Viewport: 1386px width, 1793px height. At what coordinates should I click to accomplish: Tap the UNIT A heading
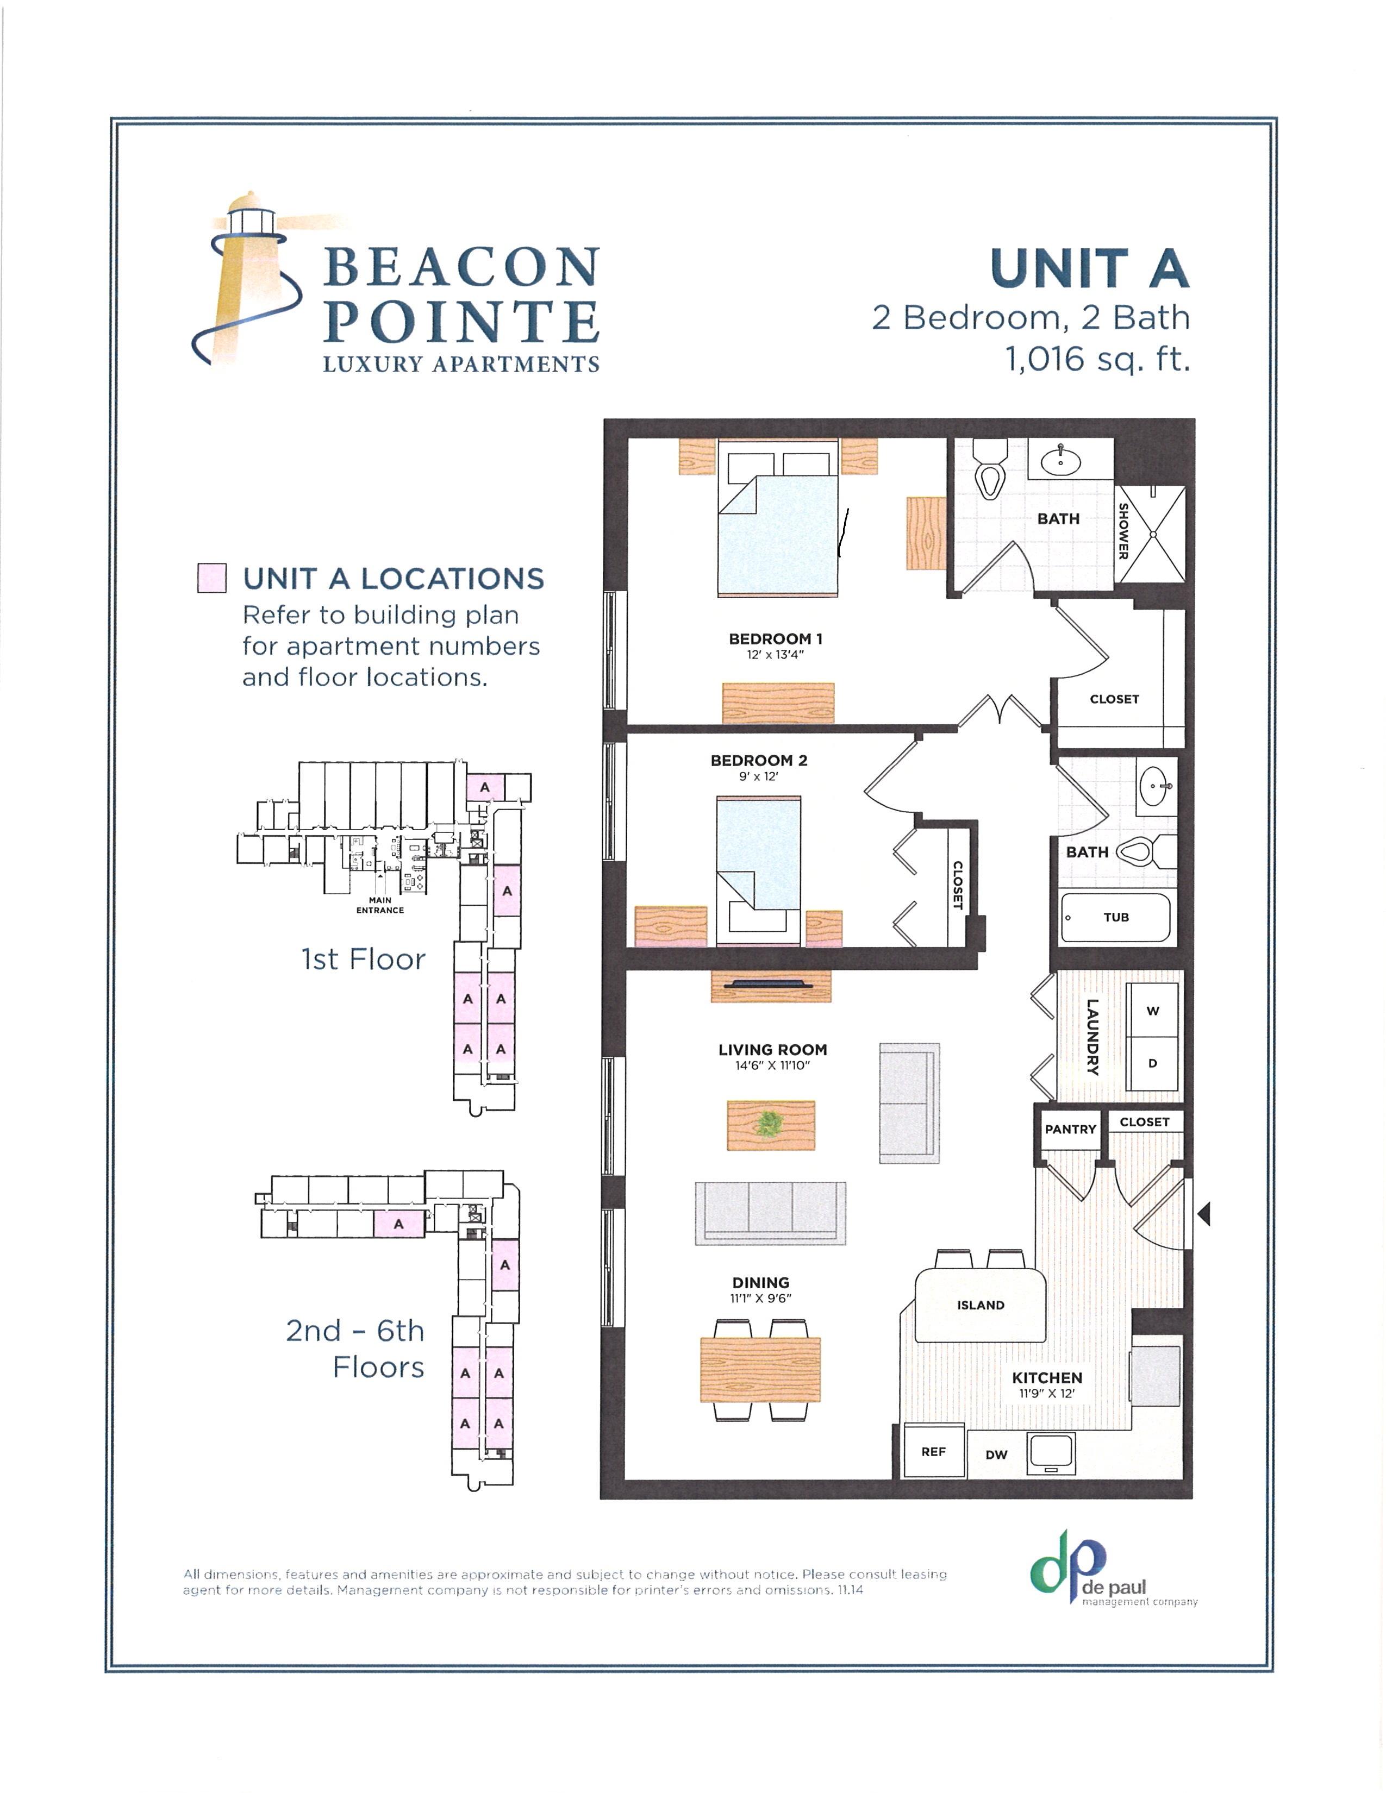point(1090,269)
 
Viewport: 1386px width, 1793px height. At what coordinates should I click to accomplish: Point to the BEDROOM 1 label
point(775,639)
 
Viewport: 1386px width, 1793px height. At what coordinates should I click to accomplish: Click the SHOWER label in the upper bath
point(1123,531)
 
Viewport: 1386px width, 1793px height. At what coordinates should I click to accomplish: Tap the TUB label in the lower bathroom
point(1116,917)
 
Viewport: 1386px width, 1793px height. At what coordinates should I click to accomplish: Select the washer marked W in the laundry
point(1152,1011)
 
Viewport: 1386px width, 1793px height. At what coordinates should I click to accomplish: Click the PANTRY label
point(1070,1129)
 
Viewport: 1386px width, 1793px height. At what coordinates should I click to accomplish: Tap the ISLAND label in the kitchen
point(981,1305)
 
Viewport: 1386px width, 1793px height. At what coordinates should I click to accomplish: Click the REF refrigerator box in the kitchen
point(934,1451)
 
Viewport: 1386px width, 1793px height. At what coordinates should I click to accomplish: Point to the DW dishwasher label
point(996,1454)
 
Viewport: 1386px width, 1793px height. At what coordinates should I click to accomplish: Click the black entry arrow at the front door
point(1204,1213)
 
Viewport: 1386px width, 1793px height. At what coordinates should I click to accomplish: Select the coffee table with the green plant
point(770,1125)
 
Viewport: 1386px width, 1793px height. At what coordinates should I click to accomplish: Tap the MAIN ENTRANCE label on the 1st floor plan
point(379,905)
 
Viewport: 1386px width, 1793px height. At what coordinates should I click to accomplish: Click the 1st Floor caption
point(363,959)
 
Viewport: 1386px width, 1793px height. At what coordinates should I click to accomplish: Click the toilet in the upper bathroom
point(989,473)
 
